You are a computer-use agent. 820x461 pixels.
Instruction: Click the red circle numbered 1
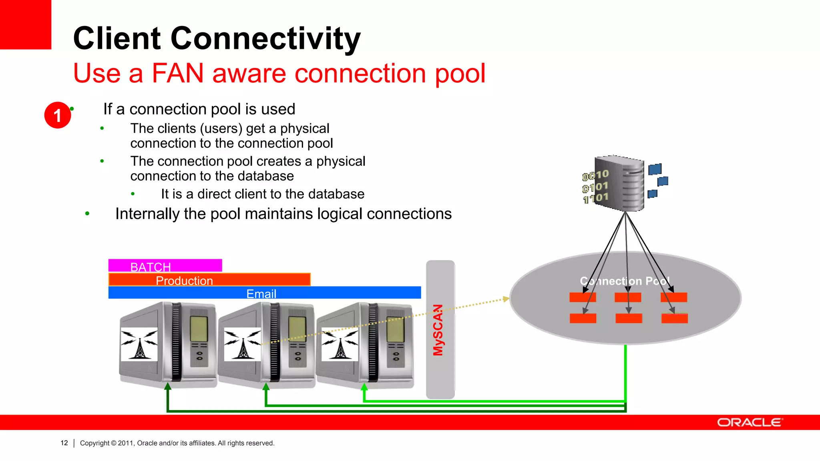click(x=57, y=115)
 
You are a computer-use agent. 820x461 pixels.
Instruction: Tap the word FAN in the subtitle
click(x=177, y=74)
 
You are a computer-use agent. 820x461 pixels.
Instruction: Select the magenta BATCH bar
click(x=165, y=266)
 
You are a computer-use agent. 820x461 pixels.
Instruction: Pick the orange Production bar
click(x=209, y=280)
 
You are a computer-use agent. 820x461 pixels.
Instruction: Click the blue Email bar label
click(x=261, y=294)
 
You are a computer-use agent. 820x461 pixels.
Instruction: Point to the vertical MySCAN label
click(x=438, y=330)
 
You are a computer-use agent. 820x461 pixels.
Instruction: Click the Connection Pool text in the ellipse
click(x=625, y=281)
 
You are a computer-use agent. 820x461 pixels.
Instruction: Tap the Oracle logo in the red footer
click(x=749, y=423)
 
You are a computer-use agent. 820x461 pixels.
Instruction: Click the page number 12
click(x=64, y=443)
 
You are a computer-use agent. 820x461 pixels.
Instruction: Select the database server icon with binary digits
click(x=621, y=183)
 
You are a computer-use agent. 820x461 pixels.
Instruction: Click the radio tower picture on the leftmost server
click(x=139, y=344)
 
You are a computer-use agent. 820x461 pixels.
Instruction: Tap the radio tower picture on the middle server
click(x=242, y=344)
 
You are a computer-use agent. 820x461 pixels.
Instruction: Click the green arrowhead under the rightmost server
click(x=364, y=387)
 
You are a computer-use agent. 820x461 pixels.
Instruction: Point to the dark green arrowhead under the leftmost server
click(x=168, y=386)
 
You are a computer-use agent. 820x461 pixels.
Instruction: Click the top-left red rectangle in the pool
click(x=583, y=297)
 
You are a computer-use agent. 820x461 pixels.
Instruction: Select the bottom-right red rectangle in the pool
click(x=674, y=319)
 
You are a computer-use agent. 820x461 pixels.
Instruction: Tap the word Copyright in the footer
click(x=94, y=443)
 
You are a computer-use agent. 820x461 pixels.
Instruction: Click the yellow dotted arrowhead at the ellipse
click(x=506, y=299)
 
